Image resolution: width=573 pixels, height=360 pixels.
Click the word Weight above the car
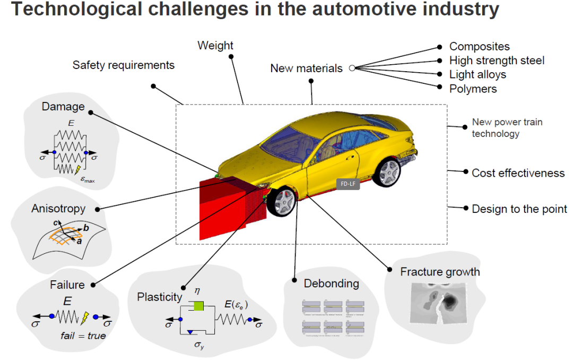pyautogui.click(x=215, y=46)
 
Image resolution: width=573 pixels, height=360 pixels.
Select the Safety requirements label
pyautogui.click(x=123, y=65)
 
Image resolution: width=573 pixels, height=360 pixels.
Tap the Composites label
pyautogui.click(x=479, y=47)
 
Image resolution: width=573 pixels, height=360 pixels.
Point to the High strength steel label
pyautogui.click(x=497, y=61)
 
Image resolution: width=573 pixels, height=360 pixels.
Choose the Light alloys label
pyautogui.click(x=477, y=74)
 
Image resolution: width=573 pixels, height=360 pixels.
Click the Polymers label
pyautogui.click(x=473, y=89)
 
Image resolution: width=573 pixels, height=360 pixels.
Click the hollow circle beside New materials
pyautogui.click(x=352, y=68)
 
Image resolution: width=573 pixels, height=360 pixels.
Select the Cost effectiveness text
pyautogui.click(x=518, y=173)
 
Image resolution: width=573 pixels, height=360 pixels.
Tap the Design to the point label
pyautogui.click(x=519, y=209)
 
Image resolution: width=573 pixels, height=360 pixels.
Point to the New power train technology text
pyautogui.click(x=507, y=127)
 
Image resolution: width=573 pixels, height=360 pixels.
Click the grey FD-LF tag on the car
pyautogui.click(x=348, y=184)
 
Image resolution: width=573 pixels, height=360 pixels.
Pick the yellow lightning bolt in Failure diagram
pyautogui.click(x=84, y=318)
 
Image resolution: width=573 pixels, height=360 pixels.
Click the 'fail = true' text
pyautogui.click(x=82, y=336)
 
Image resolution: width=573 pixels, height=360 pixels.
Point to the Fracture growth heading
pyautogui.click(x=440, y=272)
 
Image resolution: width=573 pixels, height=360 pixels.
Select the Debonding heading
pyautogui.click(x=331, y=284)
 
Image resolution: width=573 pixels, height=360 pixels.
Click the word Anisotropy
pyautogui.click(x=58, y=209)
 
